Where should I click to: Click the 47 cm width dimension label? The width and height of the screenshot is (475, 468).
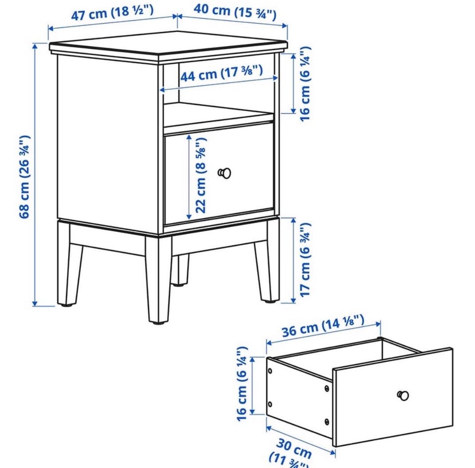[x=112, y=12]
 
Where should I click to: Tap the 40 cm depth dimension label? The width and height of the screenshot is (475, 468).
[x=235, y=12]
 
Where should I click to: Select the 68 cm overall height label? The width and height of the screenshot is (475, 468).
[x=25, y=176]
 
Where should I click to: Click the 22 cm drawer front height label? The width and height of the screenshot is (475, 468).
[x=200, y=175]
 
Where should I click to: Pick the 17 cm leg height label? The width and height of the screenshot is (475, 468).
[x=305, y=259]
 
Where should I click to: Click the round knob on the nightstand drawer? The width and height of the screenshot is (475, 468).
[x=225, y=173]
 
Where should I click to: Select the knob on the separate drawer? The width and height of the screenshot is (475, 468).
[x=403, y=395]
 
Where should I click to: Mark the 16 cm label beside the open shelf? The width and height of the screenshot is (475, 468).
[x=305, y=84]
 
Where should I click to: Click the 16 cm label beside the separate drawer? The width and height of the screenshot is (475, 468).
[x=242, y=383]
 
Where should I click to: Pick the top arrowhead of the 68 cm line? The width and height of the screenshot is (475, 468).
[x=35, y=46]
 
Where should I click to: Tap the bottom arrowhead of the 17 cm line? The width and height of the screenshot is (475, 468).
[x=293, y=300]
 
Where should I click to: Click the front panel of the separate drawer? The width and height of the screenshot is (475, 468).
[x=393, y=397]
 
